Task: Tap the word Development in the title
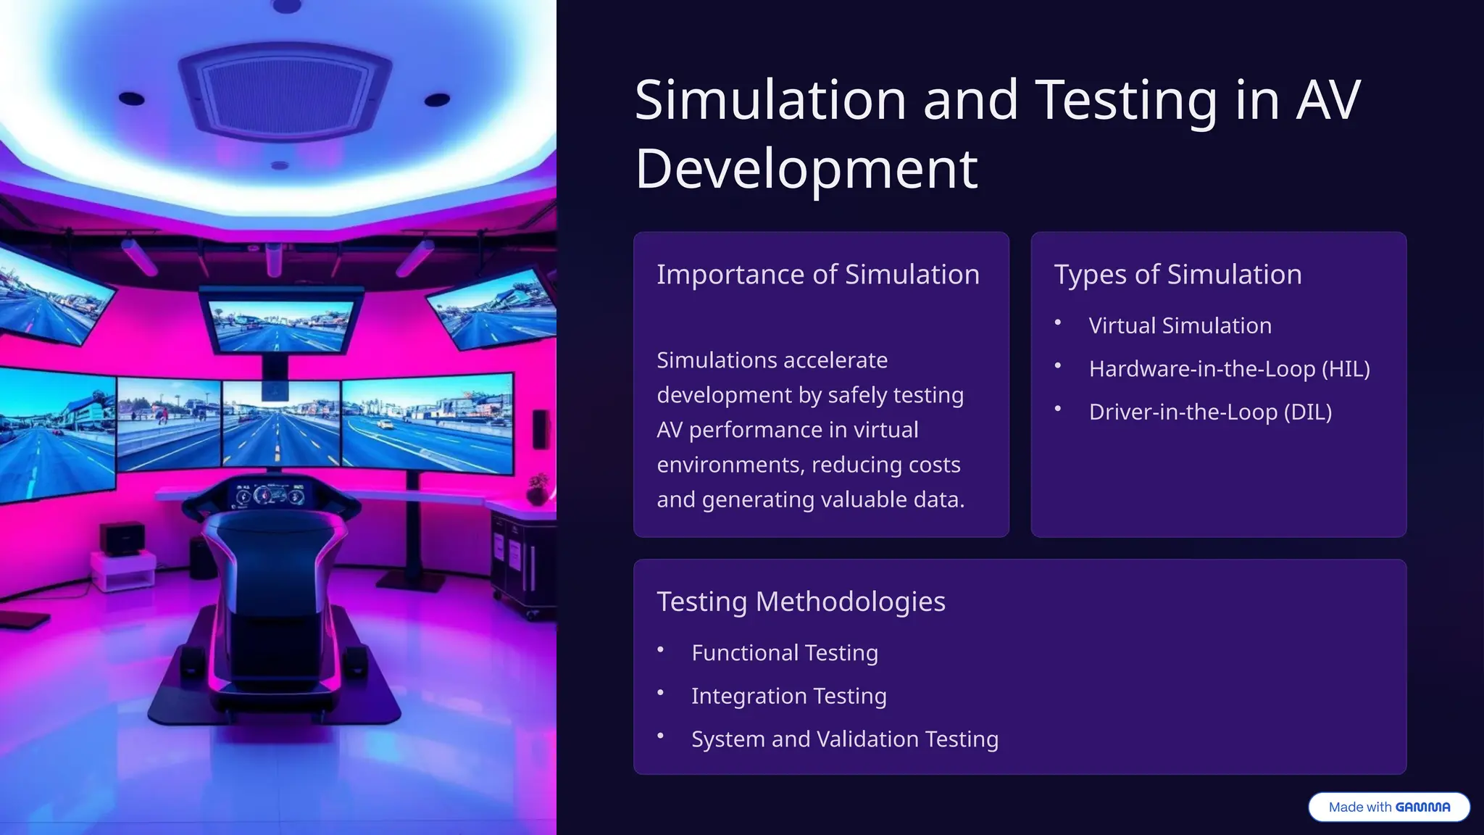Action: click(x=806, y=169)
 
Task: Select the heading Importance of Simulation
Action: click(x=817, y=275)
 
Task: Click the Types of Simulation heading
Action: click(x=1177, y=275)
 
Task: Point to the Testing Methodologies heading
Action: click(x=801, y=602)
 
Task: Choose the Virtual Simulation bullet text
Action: click(x=1180, y=325)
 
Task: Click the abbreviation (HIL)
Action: click(x=1346, y=369)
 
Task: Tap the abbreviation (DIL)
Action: click(x=1307, y=412)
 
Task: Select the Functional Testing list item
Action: click(x=784, y=653)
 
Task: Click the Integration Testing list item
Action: click(x=788, y=696)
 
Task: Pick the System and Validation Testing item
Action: click(x=844, y=739)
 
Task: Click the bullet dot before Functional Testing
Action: click(x=660, y=649)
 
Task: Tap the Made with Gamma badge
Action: click(x=1388, y=807)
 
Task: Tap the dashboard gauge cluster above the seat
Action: click(x=270, y=496)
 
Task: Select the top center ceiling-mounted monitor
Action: click(x=280, y=323)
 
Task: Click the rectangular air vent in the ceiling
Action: click(x=284, y=92)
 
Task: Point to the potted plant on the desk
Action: click(x=537, y=489)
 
